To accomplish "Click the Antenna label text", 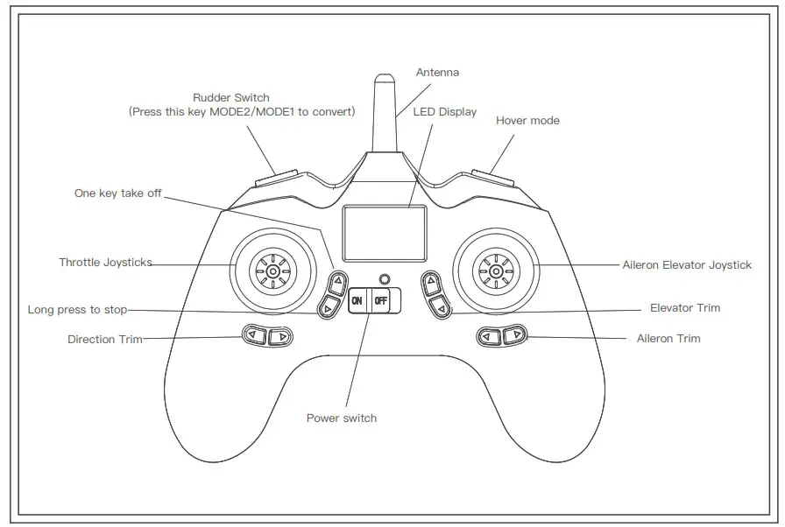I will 437,73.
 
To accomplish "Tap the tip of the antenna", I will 382,77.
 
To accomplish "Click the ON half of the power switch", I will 357,300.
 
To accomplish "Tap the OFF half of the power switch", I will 382,300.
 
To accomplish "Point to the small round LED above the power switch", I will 382,279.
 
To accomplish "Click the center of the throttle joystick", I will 272,272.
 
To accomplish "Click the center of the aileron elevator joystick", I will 496,272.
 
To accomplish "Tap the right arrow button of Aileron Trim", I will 517,335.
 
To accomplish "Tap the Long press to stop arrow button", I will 328,307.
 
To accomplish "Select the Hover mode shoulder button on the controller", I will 493,178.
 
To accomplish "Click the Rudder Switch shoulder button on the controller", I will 277,178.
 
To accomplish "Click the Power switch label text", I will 342,418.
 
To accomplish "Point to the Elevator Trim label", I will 685,308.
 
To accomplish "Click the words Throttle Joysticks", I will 105,263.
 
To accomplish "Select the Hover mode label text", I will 527,121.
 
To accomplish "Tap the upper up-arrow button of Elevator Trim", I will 430,282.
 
